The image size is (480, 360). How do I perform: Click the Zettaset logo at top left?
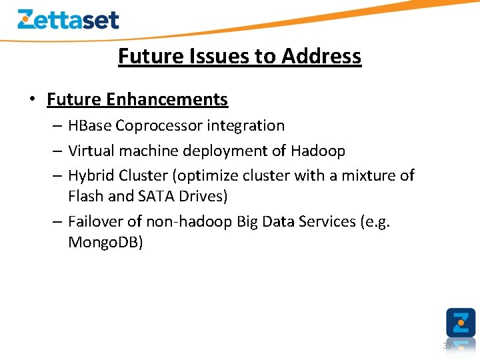pos(68,19)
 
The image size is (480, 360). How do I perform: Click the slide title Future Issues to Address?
pos(239,57)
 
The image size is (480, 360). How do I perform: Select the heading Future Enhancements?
pos(137,99)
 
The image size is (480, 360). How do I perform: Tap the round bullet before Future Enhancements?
pos(31,100)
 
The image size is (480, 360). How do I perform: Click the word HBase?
pos(89,126)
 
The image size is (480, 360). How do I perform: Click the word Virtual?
pos(90,151)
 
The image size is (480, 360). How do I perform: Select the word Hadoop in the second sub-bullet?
pos(318,151)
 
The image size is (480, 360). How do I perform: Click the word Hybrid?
pos(91,175)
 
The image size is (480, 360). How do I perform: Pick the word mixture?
pos(369,175)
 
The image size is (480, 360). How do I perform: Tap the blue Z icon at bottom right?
pos(461,323)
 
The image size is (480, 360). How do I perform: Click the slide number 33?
pos(447,346)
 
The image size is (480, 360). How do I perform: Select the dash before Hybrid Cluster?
pos(57,176)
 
